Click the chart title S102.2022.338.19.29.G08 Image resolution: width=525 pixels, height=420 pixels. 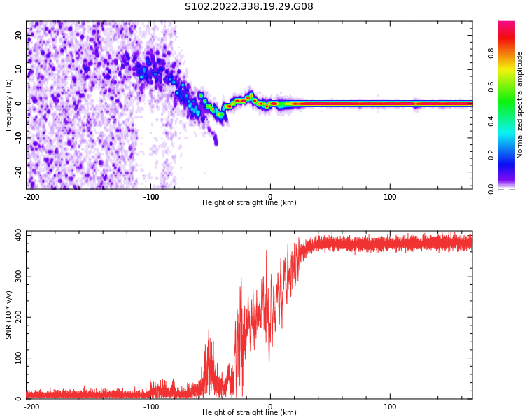coord(249,6)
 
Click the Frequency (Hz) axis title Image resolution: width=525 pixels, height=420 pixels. coord(8,105)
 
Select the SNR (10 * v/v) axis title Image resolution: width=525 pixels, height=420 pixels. coord(8,315)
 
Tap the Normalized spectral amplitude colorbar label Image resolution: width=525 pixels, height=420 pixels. coord(519,105)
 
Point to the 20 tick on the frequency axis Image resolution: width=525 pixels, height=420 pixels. coord(18,35)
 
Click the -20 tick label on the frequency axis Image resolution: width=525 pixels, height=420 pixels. coord(18,171)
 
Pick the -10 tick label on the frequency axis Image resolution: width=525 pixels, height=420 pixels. coord(18,137)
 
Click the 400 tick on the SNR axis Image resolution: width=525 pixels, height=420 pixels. coord(18,235)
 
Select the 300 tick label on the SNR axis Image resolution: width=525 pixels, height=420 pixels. coord(18,276)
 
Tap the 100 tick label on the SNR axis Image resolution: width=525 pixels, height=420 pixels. coord(18,358)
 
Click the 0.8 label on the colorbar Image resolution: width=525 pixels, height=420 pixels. coord(491,53)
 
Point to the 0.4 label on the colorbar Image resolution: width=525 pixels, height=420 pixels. coord(491,121)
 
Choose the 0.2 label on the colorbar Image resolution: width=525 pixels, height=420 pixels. coord(491,155)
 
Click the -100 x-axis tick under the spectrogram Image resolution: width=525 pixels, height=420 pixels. coord(151,197)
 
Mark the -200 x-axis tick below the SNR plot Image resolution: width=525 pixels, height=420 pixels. coord(31,407)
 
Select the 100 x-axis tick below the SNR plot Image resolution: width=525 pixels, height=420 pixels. coord(390,407)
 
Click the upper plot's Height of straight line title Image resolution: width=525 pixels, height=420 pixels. coord(249,202)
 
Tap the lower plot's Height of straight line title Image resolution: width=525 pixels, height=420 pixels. coord(249,412)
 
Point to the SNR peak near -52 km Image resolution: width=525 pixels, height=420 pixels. coord(209,330)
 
